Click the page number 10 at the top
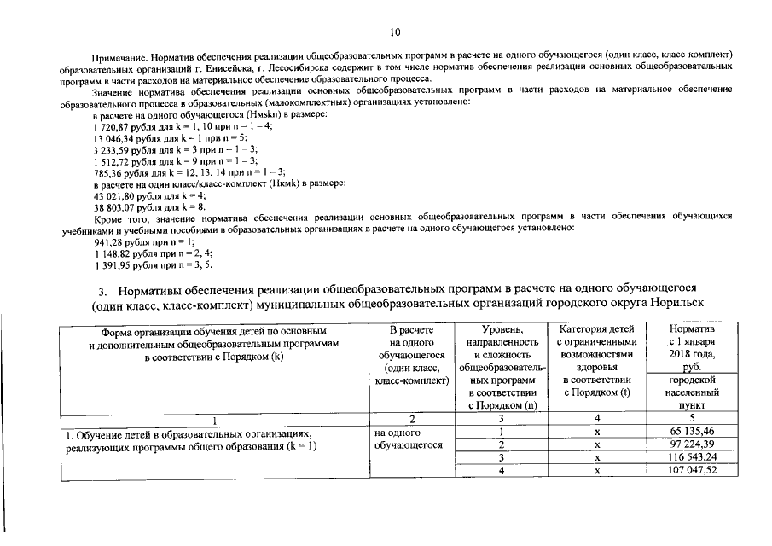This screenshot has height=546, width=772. [394, 32]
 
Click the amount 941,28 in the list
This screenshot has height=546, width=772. [109, 241]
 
